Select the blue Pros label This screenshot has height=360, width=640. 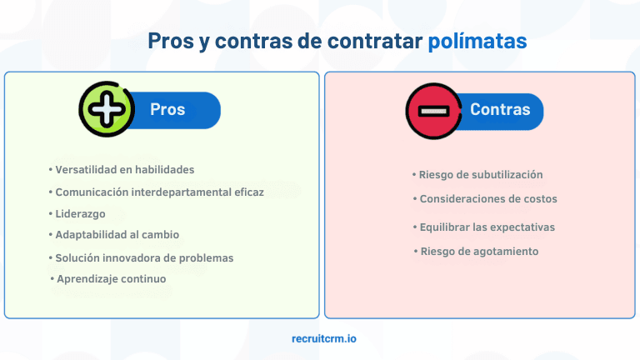pyautogui.click(x=167, y=110)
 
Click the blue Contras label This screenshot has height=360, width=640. pyautogui.click(x=499, y=110)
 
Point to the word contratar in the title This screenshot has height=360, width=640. pyautogui.click(x=376, y=41)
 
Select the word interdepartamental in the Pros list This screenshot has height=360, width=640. pyautogui.click(x=173, y=192)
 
